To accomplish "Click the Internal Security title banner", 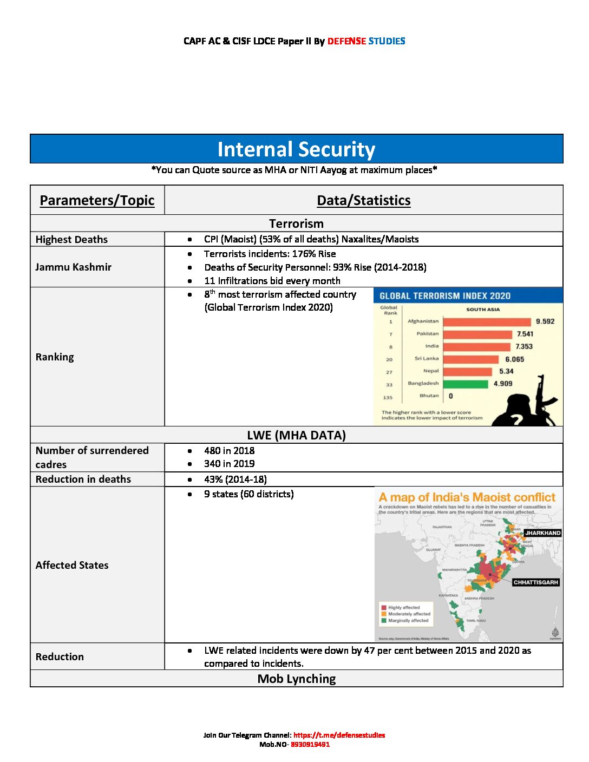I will (x=296, y=149).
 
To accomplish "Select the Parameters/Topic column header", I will (x=97, y=200).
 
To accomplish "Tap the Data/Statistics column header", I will (x=363, y=200).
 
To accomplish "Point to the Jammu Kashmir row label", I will (x=73, y=267).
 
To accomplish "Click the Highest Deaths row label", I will (x=71, y=239).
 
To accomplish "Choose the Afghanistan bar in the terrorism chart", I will (x=487, y=321).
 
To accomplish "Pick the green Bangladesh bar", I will (x=466, y=384).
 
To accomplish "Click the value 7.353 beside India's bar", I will (x=523, y=346).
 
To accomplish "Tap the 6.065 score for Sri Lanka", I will (x=514, y=359).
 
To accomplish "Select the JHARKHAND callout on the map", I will (x=542, y=533).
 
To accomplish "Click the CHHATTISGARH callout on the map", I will (x=535, y=582).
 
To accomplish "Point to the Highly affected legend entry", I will (x=403, y=607).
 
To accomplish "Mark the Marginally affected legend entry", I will (x=408, y=621).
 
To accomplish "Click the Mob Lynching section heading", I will (x=296, y=679).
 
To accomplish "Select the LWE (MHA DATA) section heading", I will (x=296, y=435).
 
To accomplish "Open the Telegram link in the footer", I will (x=339, y=735).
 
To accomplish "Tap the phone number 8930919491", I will (x=310, y=744).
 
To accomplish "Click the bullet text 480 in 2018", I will (x=229, y=450).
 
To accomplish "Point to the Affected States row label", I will (x=72, y=565).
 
